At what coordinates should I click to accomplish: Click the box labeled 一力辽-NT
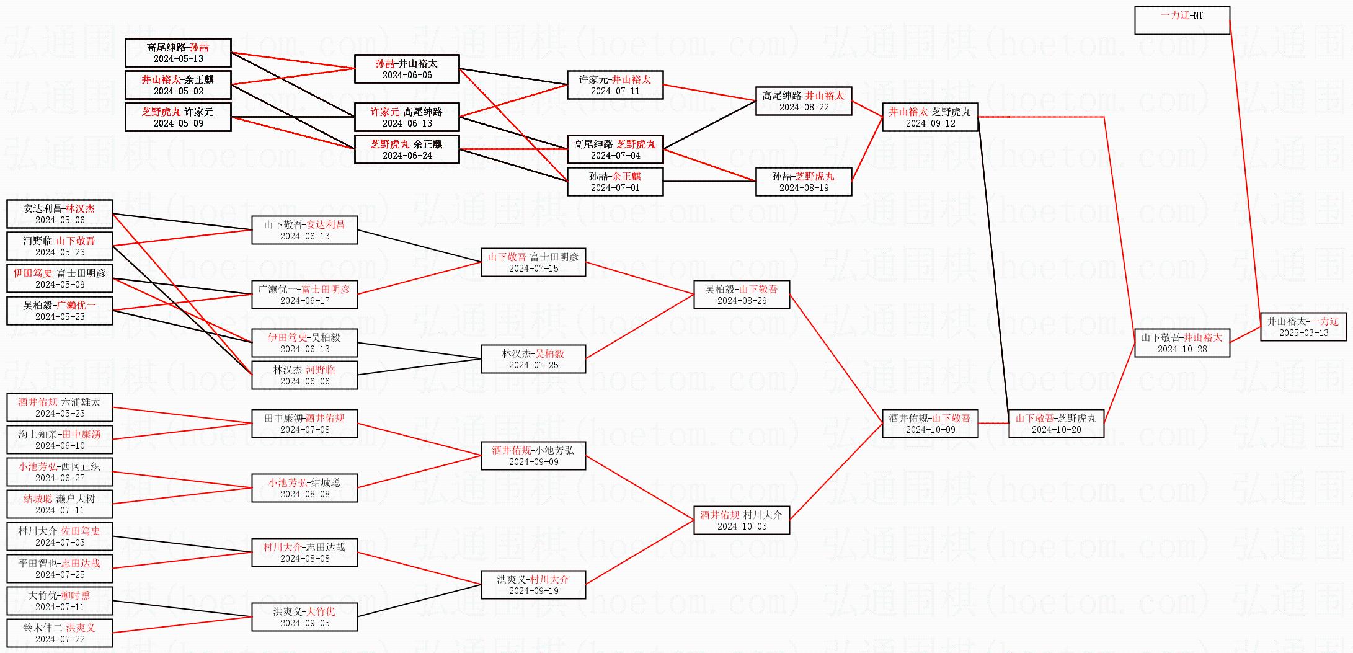click(x=1181, y=20)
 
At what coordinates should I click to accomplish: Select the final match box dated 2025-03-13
click(x=1303, y=327)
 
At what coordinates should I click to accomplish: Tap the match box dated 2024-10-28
click(x=1181, y=343)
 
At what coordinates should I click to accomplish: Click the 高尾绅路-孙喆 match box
click(x=178, y=53)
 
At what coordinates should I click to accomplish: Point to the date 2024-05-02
click(x=178, y=91)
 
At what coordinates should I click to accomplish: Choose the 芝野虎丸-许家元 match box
click(x=178, y=117)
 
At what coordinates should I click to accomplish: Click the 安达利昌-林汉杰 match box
click(x=60, y=214)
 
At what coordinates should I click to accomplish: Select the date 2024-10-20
click(x=1056, y=430)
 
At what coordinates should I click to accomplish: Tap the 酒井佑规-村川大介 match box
click(x=741, y=520)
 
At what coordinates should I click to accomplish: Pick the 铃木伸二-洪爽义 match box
click(x=60, y=633)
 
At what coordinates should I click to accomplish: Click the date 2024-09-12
click(x=930, y=123)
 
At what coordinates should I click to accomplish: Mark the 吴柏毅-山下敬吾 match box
click(x=741, y=295)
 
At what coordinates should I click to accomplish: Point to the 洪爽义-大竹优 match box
click(x=304, y=617)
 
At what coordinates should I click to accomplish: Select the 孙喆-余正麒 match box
click(x=614, y=182)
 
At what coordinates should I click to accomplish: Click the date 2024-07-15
click(x=533, y=269)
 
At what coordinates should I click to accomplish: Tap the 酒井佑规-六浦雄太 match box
click(x=60, y=407)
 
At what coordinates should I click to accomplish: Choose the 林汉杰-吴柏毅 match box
click(x=533, y=359)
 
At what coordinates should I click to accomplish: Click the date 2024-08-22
click(x=804, y=107)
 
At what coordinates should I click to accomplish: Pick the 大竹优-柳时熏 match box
click(x=60, y=601)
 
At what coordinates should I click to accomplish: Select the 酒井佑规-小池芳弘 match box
click(x=533, y=456)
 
